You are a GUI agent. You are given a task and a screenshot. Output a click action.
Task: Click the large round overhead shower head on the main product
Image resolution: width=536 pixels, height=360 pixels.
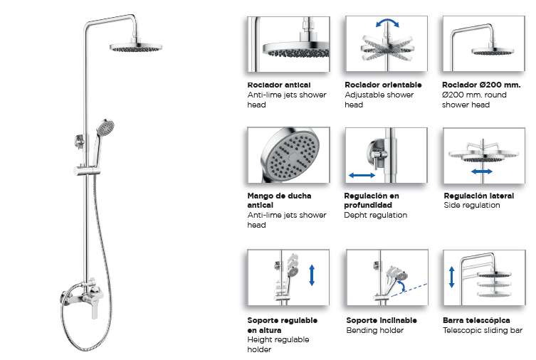[x=136, y=48]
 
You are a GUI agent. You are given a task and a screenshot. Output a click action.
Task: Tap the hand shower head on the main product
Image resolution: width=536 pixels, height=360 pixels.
[x=105, y=127]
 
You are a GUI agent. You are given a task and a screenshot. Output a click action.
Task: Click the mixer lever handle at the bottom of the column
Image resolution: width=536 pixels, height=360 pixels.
[x=95, y=308]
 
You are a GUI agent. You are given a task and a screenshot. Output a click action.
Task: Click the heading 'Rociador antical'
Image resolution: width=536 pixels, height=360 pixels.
[x=279, y=85]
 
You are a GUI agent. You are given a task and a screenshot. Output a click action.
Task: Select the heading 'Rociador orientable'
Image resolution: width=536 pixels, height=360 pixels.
[x=383, y=85]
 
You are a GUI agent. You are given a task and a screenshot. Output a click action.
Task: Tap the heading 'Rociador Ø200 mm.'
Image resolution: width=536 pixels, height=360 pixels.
[x=481, y=85]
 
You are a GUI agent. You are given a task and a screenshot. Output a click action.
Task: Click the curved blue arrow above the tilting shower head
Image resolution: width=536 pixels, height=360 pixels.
[x=387, y=22]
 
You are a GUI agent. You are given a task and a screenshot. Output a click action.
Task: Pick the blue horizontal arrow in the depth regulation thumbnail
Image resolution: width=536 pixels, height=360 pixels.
[x=362, y=176]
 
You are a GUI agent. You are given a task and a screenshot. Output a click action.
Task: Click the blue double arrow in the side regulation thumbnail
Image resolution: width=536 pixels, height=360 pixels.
[x=482, y=171]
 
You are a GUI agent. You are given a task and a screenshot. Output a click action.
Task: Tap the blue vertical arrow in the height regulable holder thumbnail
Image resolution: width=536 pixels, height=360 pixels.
[x=311, y=275]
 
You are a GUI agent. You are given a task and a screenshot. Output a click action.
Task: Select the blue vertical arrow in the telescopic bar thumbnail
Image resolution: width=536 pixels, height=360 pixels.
[x=451, y=277]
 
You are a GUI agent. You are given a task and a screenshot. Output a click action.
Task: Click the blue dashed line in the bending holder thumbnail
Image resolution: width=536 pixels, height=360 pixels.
[x=409, y=290]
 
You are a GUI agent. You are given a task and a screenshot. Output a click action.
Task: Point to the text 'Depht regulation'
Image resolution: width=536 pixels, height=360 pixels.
[x=375, y=215]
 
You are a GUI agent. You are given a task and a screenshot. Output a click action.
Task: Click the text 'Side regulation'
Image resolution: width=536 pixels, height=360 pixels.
[x=472, y=205]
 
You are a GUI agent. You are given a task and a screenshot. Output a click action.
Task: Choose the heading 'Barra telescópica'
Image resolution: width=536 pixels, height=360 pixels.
[x=476, y=320]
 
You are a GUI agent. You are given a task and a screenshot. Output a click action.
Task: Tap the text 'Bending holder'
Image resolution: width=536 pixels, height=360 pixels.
[x=374, y=330]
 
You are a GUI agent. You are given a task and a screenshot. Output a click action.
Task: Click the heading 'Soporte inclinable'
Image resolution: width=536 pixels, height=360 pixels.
[x=382, y=320]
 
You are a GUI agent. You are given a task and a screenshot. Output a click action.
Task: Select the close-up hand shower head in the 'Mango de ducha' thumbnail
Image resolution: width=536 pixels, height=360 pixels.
[x=290, y=154]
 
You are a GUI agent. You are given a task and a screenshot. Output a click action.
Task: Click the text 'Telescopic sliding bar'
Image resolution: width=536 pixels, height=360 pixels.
[x=483, y=330]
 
